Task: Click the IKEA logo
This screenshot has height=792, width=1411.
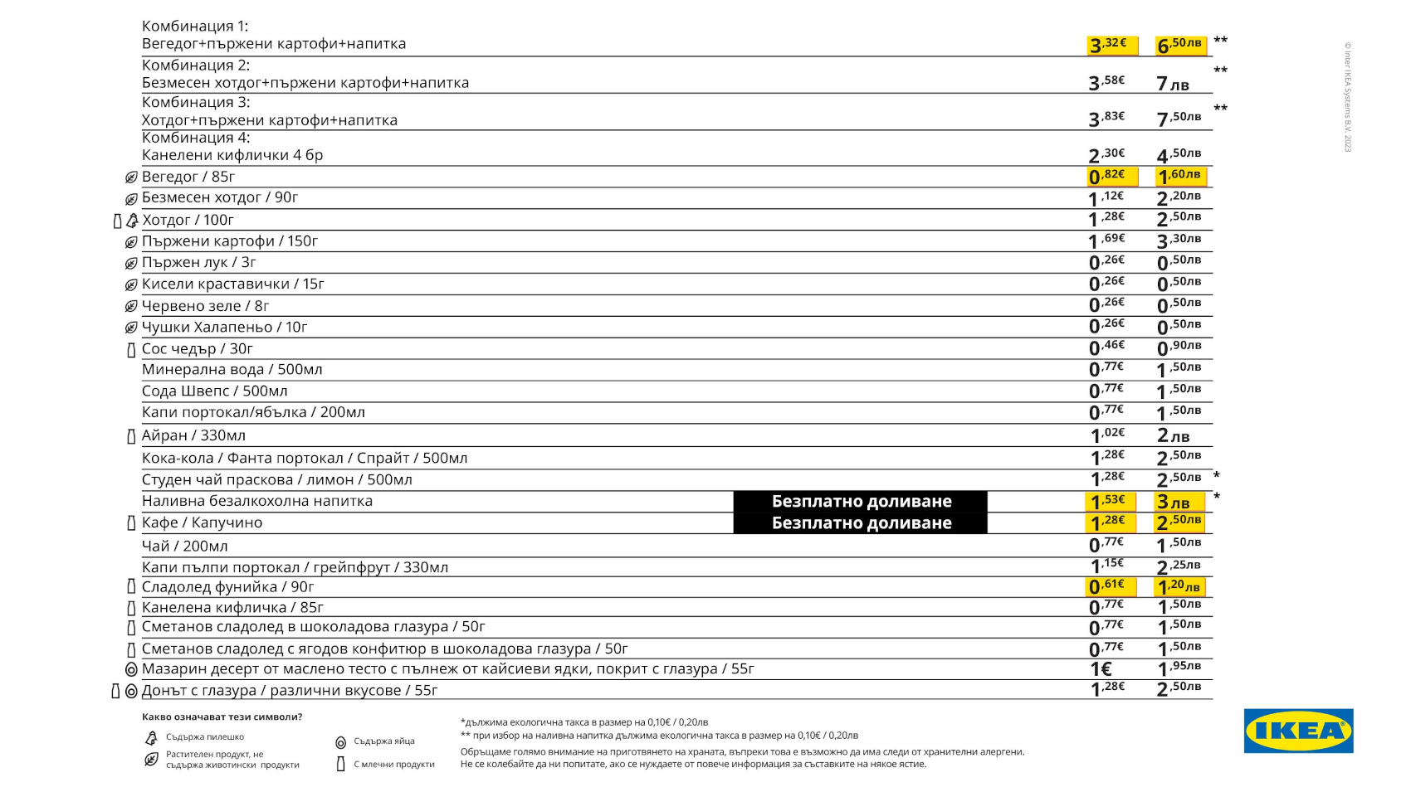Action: (x=1298, y=731)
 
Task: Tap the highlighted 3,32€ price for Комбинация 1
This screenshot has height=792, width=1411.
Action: (x=1111, y=45)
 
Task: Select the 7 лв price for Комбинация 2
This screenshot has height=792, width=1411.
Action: (x=1173, y=84)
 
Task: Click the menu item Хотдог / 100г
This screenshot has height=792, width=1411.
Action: (x=188, y=220)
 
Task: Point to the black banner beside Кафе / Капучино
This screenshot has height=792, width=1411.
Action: (x=861, y=523)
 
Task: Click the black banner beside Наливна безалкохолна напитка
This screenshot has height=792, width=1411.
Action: (x=861, y=501)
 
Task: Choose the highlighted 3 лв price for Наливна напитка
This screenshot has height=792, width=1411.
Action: (x=1179, y=502)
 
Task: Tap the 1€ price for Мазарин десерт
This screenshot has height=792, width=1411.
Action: (x=1101, y=669)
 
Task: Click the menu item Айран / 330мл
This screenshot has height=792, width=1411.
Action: (x=193, y=435)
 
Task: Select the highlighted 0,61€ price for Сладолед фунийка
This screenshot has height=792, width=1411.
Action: (x=1111, y=587)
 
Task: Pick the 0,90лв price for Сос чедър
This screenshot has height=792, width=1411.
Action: (x=1179, y=347)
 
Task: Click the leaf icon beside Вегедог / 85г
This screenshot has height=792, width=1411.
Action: (x=131, y=177)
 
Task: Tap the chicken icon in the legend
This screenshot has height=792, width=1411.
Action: (x=151, y=737)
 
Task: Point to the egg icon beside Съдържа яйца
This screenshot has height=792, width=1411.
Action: (x=340, y=742)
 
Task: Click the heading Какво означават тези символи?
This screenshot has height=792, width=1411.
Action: (x=222, y=717)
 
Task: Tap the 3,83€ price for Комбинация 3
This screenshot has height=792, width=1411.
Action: (x=1107, y=119)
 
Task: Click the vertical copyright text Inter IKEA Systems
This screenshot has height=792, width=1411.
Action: (x=1348, y=97)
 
